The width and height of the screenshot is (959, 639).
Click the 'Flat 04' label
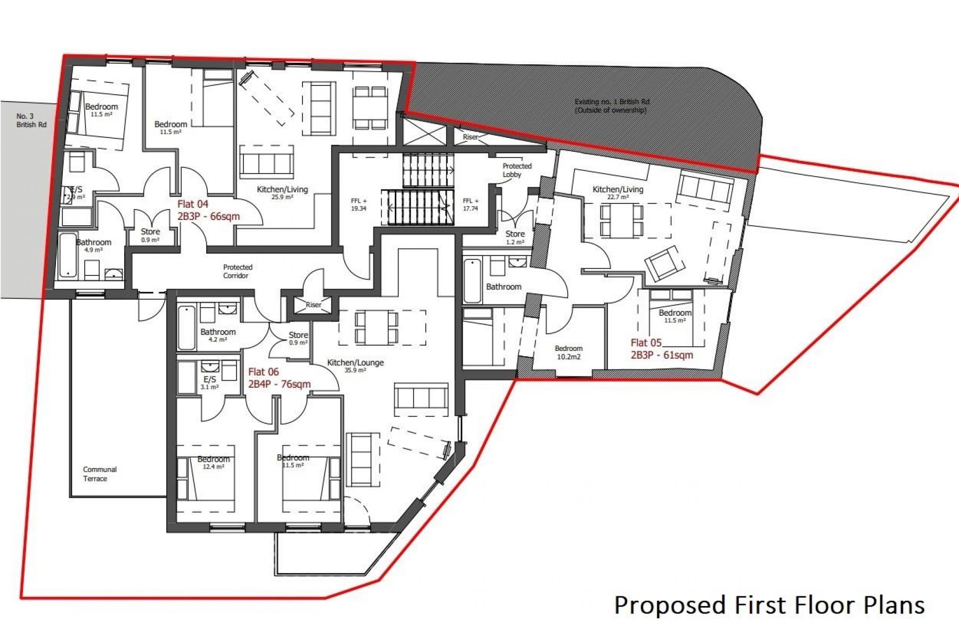coord(193,204)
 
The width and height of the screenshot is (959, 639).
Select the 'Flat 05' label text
coord(646,343)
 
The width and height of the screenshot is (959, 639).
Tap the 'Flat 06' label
coord(263,372)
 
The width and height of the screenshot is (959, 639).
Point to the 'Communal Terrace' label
coord(99,474)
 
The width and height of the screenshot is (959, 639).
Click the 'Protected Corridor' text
coord(238,271)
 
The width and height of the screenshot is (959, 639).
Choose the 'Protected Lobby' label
coord(516,170)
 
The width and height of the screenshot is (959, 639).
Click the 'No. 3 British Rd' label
coord(31,120)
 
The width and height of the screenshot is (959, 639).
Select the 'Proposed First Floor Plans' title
coord(769,605)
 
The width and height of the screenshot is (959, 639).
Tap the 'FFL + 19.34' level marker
coord(359,204)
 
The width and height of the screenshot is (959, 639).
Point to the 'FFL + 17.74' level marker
coord(470,204)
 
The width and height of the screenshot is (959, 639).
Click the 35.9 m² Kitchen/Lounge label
coord(355,366)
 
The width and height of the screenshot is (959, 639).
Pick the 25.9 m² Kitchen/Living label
coord(282,192)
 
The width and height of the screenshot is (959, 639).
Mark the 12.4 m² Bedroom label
coord(213,462)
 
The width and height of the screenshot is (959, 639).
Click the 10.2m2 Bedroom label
coord(568,353)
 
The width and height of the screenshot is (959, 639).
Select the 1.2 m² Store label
coord(515,237)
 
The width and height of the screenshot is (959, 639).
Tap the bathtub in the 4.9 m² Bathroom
coord(68,256)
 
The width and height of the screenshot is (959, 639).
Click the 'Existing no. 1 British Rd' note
coord(612,105)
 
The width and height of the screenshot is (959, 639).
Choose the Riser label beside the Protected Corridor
coord(313,305)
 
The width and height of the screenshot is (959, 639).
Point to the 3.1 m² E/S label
coord(210,382)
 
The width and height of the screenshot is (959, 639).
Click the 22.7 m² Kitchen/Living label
coord(617,192)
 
